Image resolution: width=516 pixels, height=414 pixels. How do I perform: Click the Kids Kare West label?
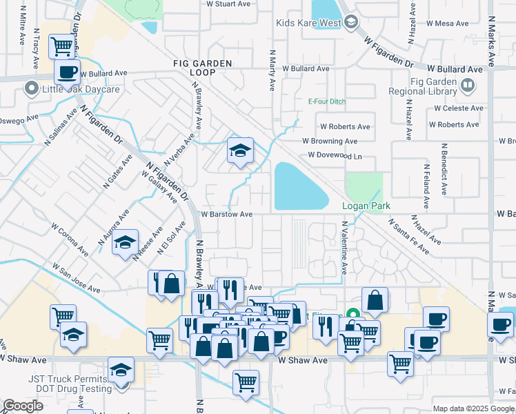tap(308, 23)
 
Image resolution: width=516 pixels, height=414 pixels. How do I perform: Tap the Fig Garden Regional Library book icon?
tap(468, 85)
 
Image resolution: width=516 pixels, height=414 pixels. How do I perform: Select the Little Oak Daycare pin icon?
tap(30, 89)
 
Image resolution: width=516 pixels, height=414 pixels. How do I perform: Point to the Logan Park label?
tap(366, 206)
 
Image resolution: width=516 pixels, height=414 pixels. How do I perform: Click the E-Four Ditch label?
tap(326, 101)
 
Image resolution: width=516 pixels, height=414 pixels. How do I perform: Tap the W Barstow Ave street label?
tap(227, 214)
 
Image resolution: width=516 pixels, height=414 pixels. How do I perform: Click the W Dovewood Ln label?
tap(335, 155)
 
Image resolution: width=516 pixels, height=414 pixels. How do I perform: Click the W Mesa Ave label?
tap(447, 23)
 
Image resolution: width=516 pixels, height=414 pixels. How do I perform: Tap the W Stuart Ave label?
tap(229, 3)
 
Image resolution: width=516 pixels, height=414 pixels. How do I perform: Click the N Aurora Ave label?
tap(114, 229)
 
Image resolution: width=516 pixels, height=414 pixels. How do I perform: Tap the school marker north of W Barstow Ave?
tap(240, 152)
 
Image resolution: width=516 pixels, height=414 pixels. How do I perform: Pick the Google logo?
tap(23, 406)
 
